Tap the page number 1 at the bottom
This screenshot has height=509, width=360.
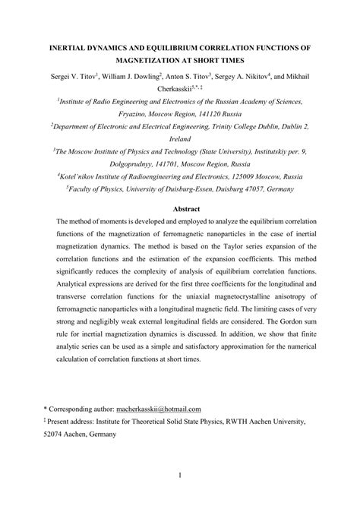(x=180, y=476)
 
